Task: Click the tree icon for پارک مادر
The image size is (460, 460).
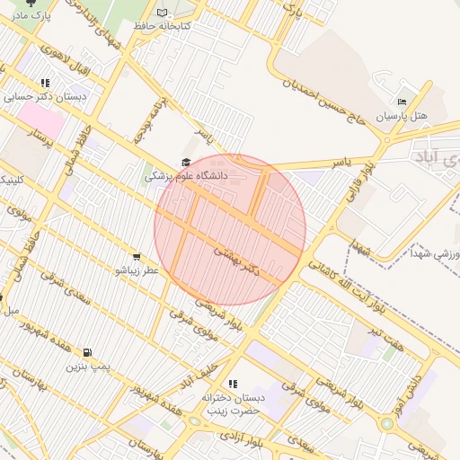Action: (33, 3)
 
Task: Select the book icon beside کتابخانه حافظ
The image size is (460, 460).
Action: (163, 13)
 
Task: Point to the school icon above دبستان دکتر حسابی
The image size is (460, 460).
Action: (45, 83)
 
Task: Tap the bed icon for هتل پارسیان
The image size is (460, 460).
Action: (402, 102)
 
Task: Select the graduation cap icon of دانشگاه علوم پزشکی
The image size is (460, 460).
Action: (186, 163)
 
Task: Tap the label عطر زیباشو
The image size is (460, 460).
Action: (137, 270)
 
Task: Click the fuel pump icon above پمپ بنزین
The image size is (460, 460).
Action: (87, 352)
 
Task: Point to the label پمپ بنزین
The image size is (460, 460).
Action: (87, 366)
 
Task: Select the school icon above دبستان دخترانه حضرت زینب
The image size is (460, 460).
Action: (233, 384)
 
